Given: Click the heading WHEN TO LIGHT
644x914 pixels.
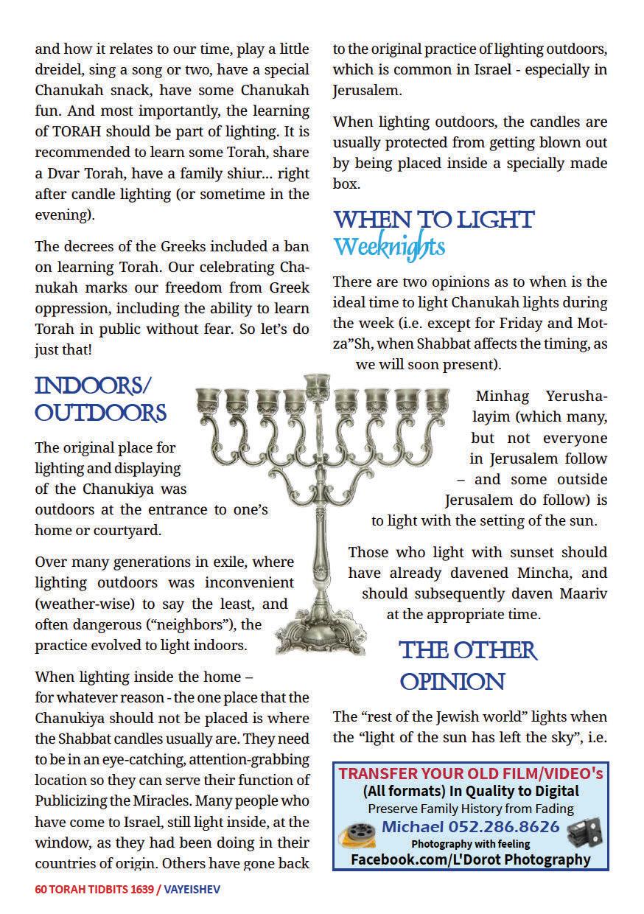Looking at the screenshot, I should (x=433, y=220).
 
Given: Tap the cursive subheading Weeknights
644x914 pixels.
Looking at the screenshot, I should (x=388, y=246).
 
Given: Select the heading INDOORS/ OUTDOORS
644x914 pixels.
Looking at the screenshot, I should (x=100, y=399).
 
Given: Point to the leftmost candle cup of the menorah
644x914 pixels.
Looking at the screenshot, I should (x=206, y=402).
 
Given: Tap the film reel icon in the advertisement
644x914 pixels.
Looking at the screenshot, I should (x=357, y=834).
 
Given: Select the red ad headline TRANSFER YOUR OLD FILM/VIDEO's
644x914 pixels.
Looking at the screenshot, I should (x=470, y=773).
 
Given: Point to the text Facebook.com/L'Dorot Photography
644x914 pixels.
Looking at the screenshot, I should (x=470, y=859).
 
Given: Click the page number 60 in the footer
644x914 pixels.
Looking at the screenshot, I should (x=41, y=890).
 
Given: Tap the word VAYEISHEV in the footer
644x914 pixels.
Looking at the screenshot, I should (x=192, y=890).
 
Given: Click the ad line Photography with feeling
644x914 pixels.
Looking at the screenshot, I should (x=470, y=844).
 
